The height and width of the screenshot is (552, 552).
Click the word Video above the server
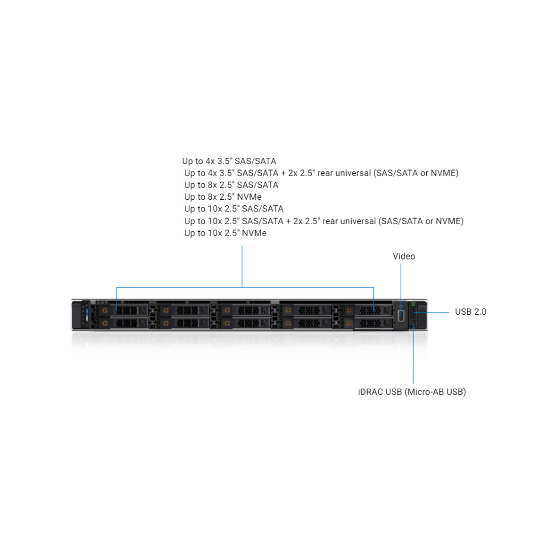pyautogui.click(x=404, y=256)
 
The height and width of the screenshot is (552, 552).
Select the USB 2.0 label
pyautogui.click(x=470, y=312)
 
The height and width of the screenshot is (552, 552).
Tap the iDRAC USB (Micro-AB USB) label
pyautogui.click(x=412, y=392)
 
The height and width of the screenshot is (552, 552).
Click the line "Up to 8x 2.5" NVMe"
pyautogui.click(x=223, y=197)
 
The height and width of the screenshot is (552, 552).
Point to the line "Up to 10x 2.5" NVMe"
pyautogui.click(x=225, y=233)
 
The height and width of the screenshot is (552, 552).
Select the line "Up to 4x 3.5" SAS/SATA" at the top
pyautogui.click(x=229, y=161)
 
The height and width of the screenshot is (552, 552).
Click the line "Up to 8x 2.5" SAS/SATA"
pyautogui.click(x=231, y=185)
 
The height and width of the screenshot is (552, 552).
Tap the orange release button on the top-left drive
pyautogui.click(x=104, y=310)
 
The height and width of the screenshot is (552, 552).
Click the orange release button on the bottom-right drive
pyautogui.click(x=349, y=323)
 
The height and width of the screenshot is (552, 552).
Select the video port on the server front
pyautogui.click(x=401, y=316)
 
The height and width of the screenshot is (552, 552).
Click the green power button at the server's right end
pyautogui.click(x=413, y=304)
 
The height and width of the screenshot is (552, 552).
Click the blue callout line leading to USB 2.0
pyautogui.click(x=431, y=312)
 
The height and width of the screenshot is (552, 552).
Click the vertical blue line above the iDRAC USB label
pyautogui.click(x=413, y=354)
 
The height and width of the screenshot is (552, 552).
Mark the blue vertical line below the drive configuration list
pyautogui.click(x=242, y=267)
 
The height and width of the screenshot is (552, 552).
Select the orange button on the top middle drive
pyautogui.click(x=227, y=310)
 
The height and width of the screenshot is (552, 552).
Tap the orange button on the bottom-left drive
pyautogui.click(x=104, y=323)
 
